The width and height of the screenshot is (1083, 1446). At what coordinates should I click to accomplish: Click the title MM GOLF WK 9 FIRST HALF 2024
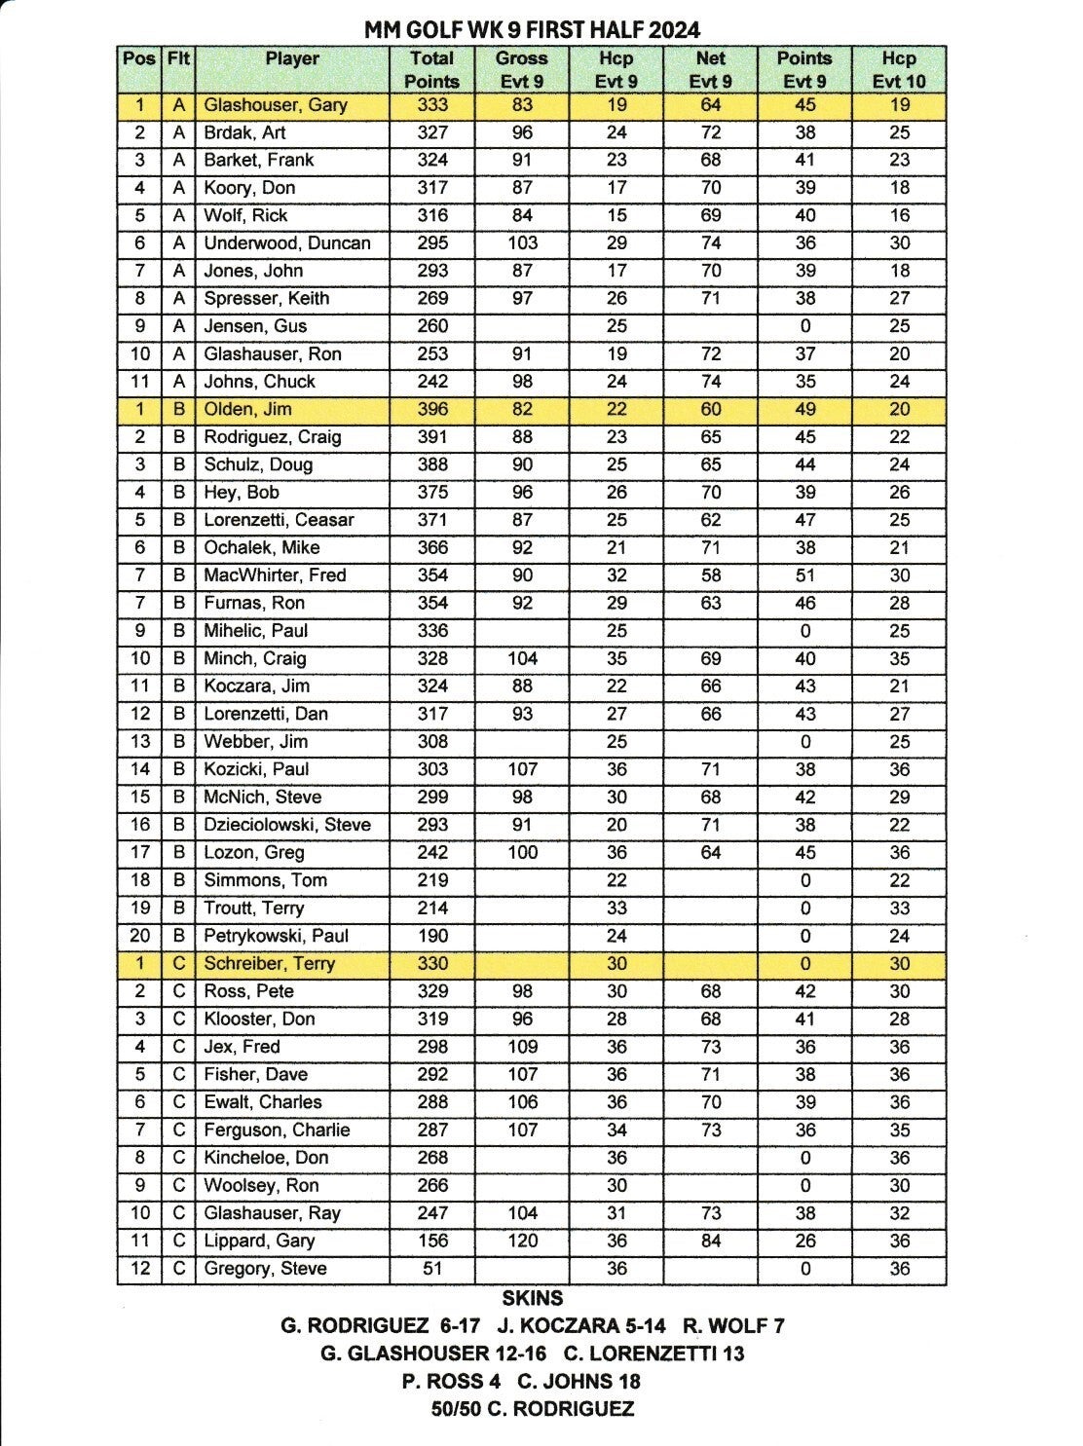point(532,30)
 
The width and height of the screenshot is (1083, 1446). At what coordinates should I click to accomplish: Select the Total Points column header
point(431,70)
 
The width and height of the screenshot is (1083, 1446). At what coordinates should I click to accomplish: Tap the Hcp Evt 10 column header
point(898,70)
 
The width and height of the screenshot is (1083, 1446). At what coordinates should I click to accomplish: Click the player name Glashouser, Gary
point(276,105)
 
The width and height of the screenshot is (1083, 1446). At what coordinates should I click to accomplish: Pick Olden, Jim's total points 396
point(432,410)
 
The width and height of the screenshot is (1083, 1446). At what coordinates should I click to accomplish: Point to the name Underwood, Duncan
point(287,243)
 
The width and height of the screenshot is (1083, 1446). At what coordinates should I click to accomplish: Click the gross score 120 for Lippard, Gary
point(522,1242)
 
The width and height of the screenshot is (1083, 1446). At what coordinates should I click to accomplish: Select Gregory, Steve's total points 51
point(432,1269)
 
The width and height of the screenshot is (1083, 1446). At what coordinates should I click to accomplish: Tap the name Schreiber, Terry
point(269,964)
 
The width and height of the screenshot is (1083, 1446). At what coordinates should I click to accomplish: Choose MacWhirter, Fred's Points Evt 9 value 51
point(804,575)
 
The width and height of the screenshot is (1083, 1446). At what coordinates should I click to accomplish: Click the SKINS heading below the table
point(533,1298)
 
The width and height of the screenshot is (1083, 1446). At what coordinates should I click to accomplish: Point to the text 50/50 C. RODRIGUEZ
point(533,1409)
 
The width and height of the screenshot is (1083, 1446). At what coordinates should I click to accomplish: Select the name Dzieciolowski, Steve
point(287,825)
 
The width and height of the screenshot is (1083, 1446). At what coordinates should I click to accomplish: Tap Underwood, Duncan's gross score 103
point(522,243)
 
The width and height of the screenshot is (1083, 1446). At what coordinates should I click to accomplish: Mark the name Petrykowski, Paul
point(276,936)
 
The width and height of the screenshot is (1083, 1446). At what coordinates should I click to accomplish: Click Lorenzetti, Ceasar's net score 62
point(710,520)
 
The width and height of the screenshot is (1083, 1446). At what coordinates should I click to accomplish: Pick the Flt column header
point(178,58)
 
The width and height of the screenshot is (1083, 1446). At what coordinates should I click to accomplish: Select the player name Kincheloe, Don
point(266,1158)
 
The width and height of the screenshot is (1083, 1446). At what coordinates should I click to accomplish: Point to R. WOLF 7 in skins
point(733,1325)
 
